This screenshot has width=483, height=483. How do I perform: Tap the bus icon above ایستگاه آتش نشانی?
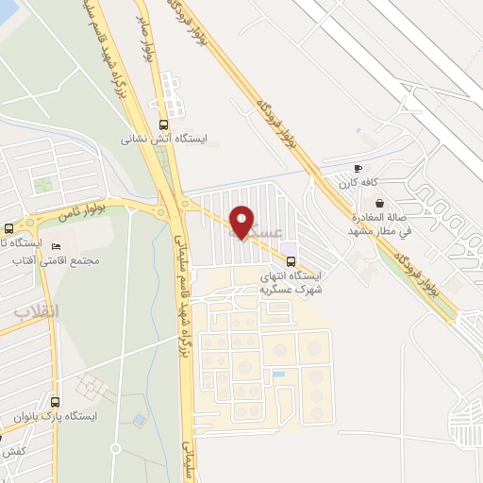click(x=164, y=124)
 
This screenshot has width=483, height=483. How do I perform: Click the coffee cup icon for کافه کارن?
click(x=358, y=168)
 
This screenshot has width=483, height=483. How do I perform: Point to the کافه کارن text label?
click(x=359, y=181)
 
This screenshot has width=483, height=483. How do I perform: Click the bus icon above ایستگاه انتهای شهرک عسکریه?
click(x=291, y=260)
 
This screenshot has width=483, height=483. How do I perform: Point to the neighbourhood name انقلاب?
click(x=37, y=310)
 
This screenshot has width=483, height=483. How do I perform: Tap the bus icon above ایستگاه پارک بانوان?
click(x=55, y=401)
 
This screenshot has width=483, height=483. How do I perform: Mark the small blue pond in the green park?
click(x=139, y=419)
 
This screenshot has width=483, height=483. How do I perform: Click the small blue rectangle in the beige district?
click(x=278, y=375)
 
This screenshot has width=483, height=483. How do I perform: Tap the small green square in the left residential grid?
click(x=42, y=184)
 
